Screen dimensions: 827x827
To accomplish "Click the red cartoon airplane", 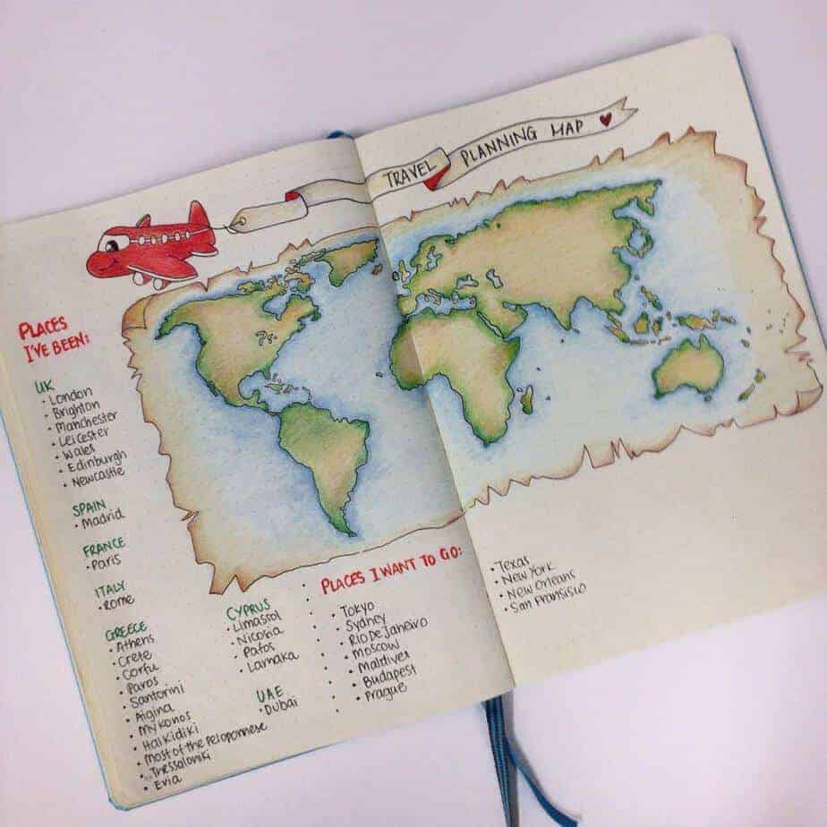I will [x=152, y=244].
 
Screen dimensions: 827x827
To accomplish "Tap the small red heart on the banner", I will [x=606, y=116].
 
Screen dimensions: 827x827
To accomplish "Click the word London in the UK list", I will [x=72, y=397].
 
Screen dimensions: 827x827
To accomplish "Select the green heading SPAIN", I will [x=90, y=507].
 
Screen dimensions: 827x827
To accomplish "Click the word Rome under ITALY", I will [x=119, y=602].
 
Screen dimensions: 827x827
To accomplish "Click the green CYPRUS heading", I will [x=247, y=610].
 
